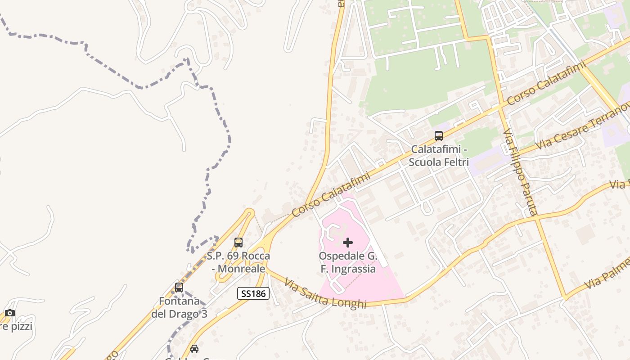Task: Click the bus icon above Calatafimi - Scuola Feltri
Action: click(x=438, y=135)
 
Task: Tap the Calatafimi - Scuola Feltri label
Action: click(x=439, y=155)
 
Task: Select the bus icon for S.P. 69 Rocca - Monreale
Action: click(x=238, y=243)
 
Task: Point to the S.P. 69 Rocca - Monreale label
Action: click(x=238, y=262)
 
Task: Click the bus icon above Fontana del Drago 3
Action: click(x=179, y=288)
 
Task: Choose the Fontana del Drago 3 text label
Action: click(x=179, y=307)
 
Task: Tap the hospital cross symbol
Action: click(x=348, y=243)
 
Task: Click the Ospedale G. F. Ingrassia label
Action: click(x=347, y=262)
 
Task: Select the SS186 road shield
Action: click(x=253, y=294)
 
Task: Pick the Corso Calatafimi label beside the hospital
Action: click(x=331, y=194)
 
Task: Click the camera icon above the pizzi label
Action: click(x=10, y=313)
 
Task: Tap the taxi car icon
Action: click(x=194, y=349)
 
